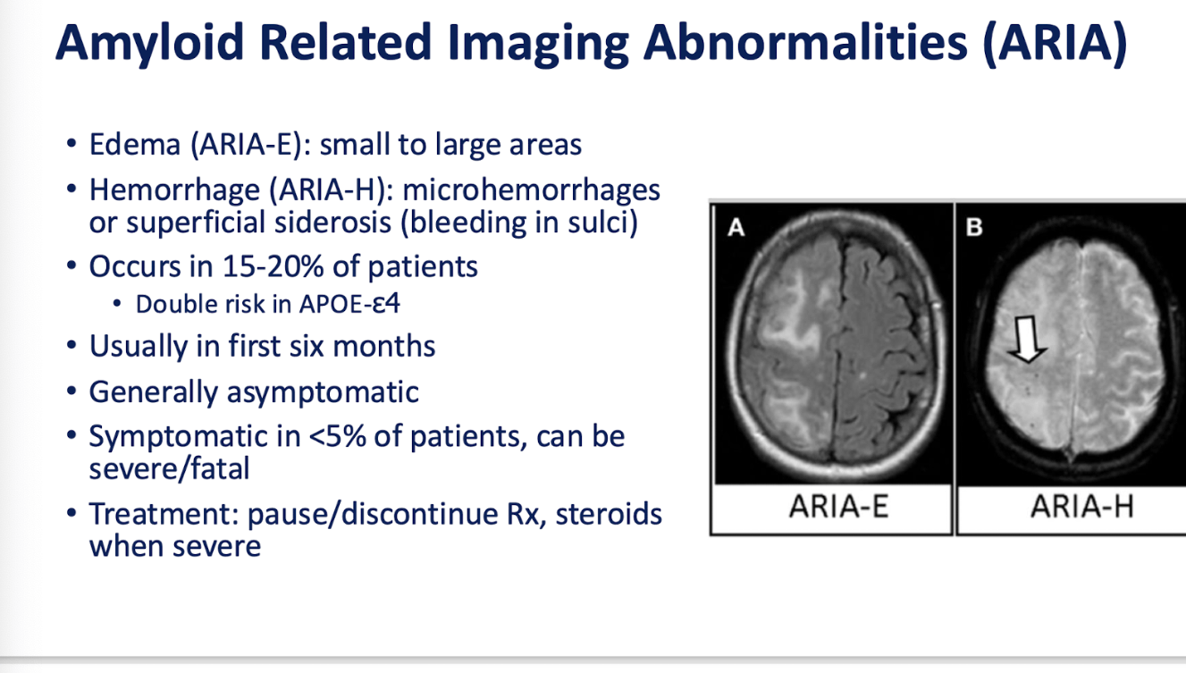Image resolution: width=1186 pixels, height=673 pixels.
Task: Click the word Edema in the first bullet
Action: click(135, 144)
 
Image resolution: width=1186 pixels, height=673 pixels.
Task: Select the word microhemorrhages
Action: click(531, 189)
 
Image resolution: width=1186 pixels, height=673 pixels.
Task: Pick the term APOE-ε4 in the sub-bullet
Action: click(349, 304)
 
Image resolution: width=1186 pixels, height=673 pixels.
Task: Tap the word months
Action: click(384, 346)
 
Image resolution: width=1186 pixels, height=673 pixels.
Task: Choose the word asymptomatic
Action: click(323, 393)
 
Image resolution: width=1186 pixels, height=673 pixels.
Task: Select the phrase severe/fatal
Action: click(170, 469)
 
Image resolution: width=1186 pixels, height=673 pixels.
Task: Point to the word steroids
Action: click(609, 514)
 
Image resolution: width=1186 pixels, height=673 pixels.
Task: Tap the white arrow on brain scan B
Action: click(1027, 340)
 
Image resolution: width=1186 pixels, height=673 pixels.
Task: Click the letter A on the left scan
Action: click(736, 228)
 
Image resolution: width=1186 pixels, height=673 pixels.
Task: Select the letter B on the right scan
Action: click(974, 227)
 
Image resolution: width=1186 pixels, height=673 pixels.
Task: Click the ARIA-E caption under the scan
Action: click(838, 506)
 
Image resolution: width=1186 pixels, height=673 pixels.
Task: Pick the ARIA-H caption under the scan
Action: click(1081, 507)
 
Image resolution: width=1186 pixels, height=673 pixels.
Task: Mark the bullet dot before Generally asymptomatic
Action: click(72, 391)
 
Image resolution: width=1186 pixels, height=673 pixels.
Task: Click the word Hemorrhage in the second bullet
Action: click(174, 189)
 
